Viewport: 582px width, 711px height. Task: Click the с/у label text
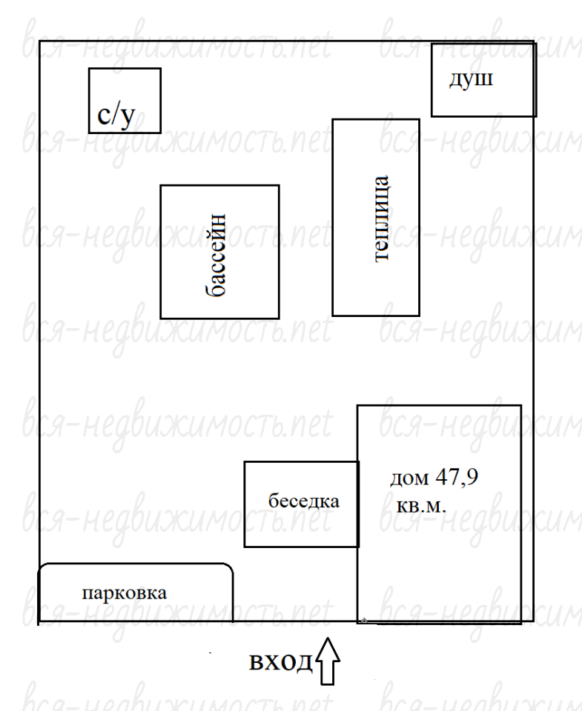pyautogui.click(x=116, y=116)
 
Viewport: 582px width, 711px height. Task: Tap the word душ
pyautogui.click(x=471, y=79)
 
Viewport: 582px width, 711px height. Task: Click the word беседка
pyautogui.click(x=304, y=501)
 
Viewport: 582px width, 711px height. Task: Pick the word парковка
pyautogui.click(x=125, y=593)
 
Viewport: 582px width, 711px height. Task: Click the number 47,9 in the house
pyautogui.click(x=457, y=478)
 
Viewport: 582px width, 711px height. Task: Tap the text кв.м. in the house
pyautogui.click(x=421, y=505)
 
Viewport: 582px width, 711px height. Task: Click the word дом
pyautogui.click(x=409, y=478)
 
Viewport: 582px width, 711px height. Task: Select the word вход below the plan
pyautogui.click(x=281, y=662)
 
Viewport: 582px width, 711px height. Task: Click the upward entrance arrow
pyautogui.click(x=327, y=661)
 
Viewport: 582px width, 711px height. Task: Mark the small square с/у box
pyautogui.click(x=125, y=101)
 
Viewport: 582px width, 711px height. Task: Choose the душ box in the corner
pyautogui.click(x=484, y=80)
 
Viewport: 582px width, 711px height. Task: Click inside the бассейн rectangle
pyautogui.click(x=219, y=252)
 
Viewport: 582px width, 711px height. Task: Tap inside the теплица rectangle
pyautogui.click(x=376, y=218)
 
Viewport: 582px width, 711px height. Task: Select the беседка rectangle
pyautogui.click(x=302, y=504)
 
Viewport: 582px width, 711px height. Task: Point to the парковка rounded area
pyautogui.click(x=135, y=592)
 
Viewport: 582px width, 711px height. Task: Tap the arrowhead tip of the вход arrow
pyautogui.click(x=327, y=638)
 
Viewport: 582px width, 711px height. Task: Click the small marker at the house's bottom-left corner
pyautogui.click(x=363, y=620)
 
